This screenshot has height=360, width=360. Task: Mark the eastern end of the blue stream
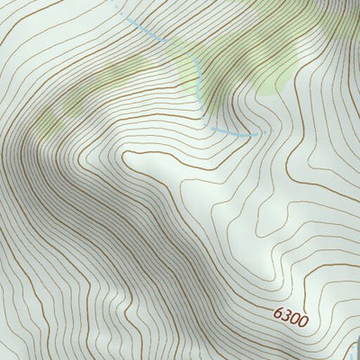[x=266, y=132]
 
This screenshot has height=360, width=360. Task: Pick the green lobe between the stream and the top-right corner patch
[x=270, y=72]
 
